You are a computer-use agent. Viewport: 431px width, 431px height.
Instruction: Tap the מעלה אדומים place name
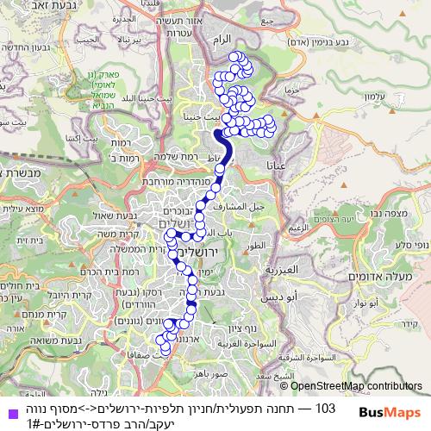click(375, 276)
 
